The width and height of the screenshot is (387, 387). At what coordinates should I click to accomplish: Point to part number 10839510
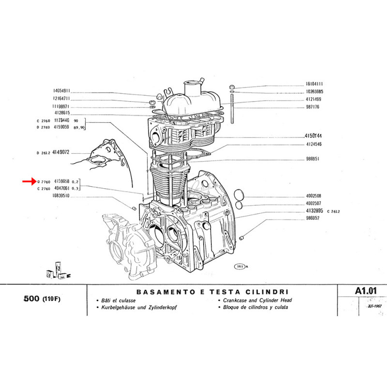click(61, 196)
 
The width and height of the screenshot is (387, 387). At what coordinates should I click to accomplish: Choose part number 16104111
click(314, 84)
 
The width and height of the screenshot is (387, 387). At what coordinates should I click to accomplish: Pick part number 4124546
click(314, 144)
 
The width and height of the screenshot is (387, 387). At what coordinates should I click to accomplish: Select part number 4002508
click(314, 196)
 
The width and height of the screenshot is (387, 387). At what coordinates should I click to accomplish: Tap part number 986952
click(314, 218)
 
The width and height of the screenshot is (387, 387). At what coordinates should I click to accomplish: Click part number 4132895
click(314, 211)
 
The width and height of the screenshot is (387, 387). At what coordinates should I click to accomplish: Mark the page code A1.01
click(364, 291)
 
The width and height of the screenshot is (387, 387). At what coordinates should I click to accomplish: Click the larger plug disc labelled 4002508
click(239, 196)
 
